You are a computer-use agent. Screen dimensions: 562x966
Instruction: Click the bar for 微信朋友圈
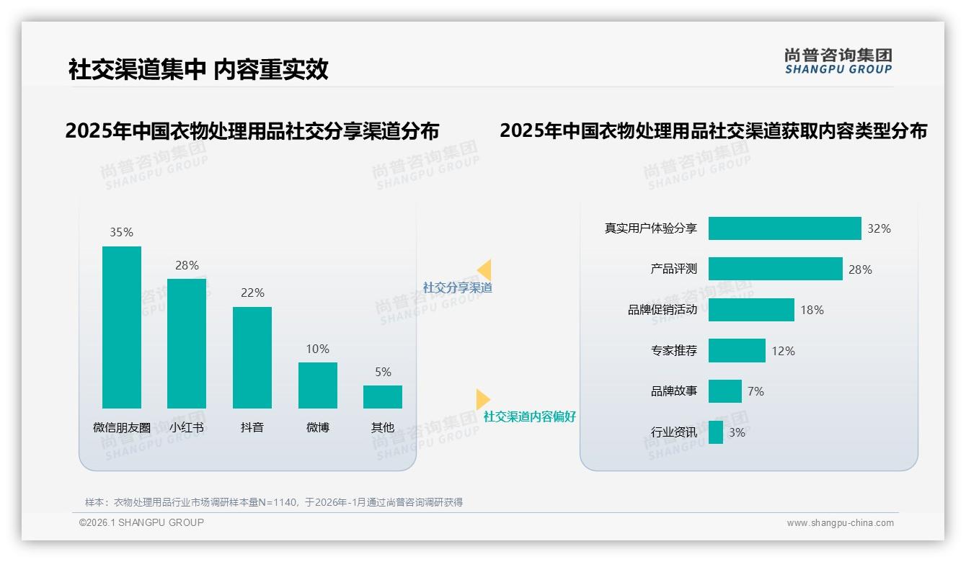[x=122, y=327]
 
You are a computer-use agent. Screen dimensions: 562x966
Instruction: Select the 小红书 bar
[x=187, y=343]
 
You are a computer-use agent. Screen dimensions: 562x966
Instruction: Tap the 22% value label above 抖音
[x=252, y=293]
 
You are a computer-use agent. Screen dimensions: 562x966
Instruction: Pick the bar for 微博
[x=318, y=385]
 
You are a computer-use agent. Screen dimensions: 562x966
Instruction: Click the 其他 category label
[x=383, y=427]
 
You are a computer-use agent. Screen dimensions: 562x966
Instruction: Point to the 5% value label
[x=383, y=372]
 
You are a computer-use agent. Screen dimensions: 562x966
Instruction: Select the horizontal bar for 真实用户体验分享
[x=784, y=228]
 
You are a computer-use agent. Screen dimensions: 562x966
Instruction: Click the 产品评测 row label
[x=673, y=269]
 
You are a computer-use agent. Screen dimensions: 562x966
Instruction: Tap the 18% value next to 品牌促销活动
[x=812, y=310]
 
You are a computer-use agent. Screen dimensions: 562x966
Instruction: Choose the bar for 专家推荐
[x=737, y=351]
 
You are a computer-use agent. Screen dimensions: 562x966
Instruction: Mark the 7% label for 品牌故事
[x=755, y=391]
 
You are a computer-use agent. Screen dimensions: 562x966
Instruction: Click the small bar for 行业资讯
[x=716, y=432]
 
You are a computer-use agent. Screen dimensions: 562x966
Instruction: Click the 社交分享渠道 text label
[x=457, y=287]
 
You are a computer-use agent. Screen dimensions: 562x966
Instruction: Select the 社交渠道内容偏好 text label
[x=529, y=416]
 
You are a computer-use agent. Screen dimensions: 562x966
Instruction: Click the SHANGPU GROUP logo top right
[x=838, y=61]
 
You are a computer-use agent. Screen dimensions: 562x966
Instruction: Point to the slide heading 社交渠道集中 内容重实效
[x=198, y=69]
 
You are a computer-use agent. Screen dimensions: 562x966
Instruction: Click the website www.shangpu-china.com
[x=840, y=523]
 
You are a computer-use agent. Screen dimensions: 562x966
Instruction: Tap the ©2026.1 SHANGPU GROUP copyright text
[x=141, y=522]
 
